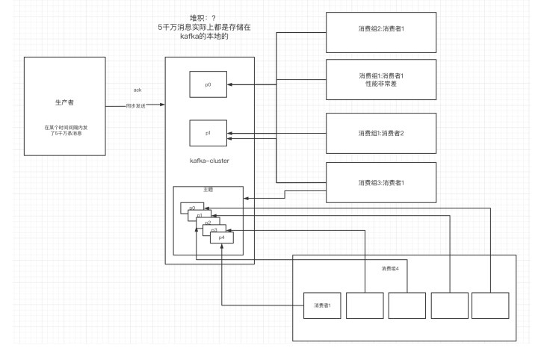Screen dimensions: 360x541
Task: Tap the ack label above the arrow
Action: tap(137, 90)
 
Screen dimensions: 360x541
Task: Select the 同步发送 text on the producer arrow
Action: tap(137, 106)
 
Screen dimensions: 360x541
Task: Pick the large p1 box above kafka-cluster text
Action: tap(208, 133)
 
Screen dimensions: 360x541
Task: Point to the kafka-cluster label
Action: tap(208, 160)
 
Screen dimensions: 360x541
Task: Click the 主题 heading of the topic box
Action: tap(208, 190)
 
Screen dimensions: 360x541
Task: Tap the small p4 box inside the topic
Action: tap(221, 237)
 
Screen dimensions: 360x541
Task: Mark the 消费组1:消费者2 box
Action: tap(381, 133)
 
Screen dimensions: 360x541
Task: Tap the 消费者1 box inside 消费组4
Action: tap(322, 305)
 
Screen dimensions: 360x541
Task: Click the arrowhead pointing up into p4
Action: tap(223, 246)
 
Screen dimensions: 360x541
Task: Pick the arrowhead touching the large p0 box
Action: tap(231, 85)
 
